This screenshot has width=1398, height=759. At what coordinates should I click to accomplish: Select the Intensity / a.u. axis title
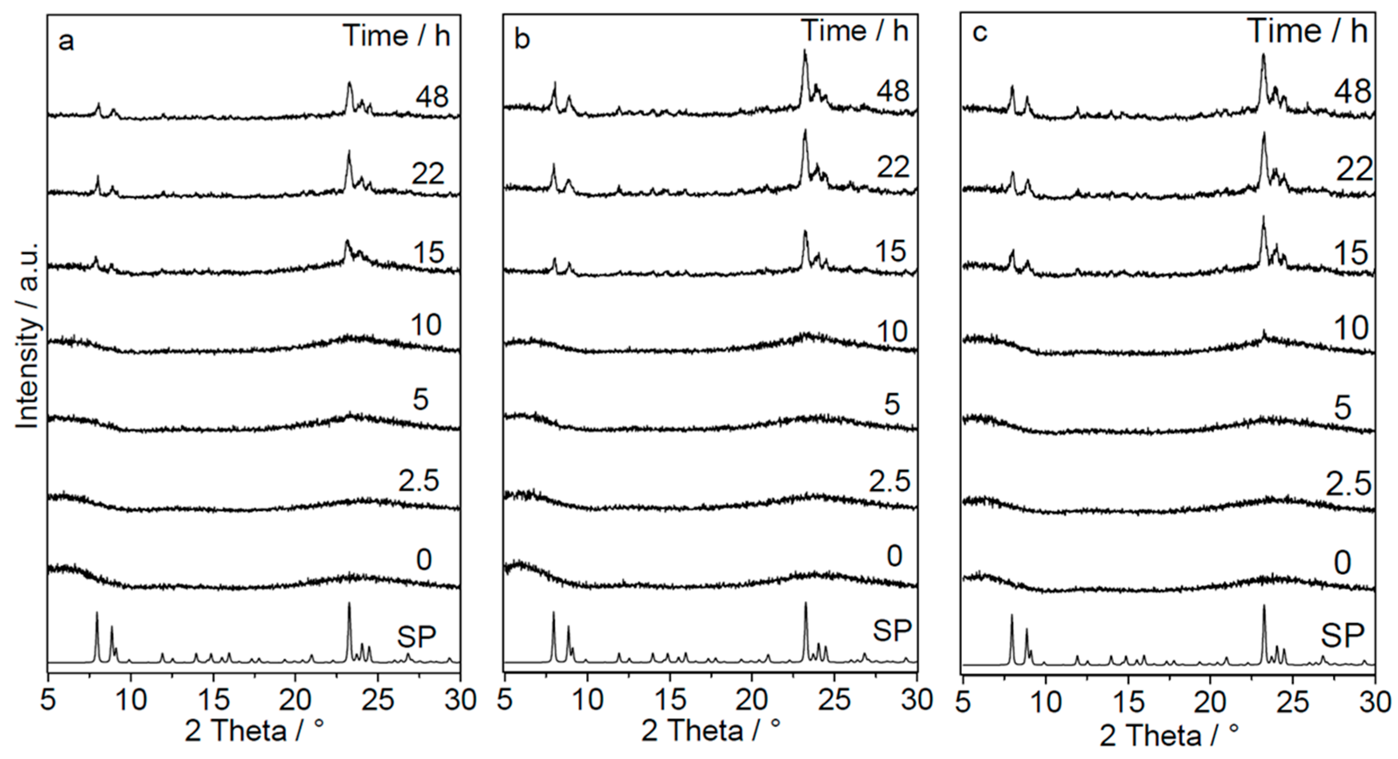[27, 337]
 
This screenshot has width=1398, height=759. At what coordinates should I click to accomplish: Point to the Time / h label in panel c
[1308, 31]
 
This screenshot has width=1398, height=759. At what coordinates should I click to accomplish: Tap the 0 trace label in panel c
[1342, 563]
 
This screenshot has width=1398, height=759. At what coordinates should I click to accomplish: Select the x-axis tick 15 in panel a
[214, 701]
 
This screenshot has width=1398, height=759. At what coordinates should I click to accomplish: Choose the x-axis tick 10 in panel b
[587, 701]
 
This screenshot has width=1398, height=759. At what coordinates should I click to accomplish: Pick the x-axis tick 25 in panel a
[378, 701]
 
